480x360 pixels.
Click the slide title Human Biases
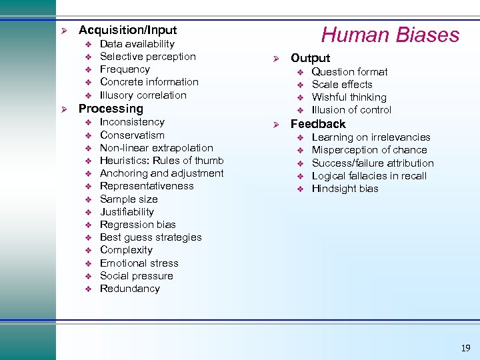tap(391, 35)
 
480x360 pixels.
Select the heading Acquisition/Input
tap(127, 30)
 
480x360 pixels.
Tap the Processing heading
tap(111, 109)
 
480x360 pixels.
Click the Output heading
tap(310, 58)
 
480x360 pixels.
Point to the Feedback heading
tap(318, 124)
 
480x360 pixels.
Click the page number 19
tap(465, 348)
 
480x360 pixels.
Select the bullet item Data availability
tap(137, 44)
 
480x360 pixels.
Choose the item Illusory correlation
tap(143, 95)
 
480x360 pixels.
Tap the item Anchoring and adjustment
tap(161, 173)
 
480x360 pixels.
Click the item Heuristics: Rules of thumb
tap(161, 161)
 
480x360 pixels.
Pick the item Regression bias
tap(137, 225)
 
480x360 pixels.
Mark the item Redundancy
tap(129, 289)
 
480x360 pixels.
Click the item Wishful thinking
tap(349, 97)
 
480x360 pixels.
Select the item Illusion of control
tap(351, 110)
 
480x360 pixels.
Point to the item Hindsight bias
tap(345, 189)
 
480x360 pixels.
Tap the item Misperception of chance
tap(369, 150)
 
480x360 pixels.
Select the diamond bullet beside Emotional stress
tap(87, 263)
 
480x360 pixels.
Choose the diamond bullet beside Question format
tap(299, 72)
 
